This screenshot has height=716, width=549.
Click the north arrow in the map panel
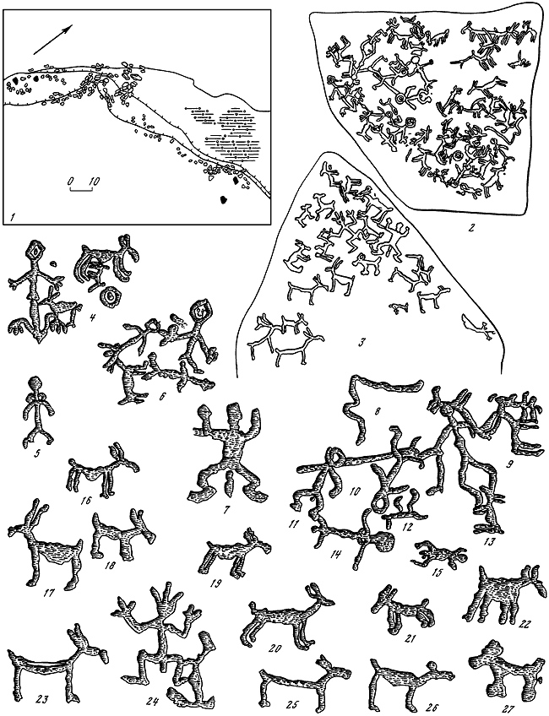pyautogui.click(x=53, y=40)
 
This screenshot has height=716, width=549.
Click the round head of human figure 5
pyautogui.click(x=35, y=382)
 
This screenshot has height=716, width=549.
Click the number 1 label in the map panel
pyautogui.click(x=10, y=214)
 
